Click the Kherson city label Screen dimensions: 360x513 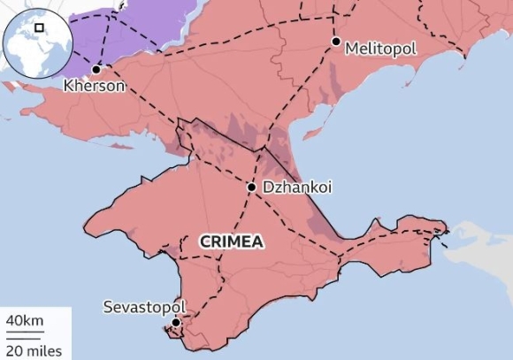pyautogui.click(x=95, y=87)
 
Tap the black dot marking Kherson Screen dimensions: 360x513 pyautogui.click(x=96, y=69)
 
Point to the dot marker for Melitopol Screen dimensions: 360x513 pyautogui.click(x=336, y=42)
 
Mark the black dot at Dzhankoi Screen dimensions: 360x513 pyautogui.click(x=251, y=188)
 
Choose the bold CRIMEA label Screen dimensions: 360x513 pyautogui.click(x=231, y=240)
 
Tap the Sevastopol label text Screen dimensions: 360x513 pyautogui.click(x=145, y=307)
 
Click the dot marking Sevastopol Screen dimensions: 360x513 pyautogui.click(x=175, y=323)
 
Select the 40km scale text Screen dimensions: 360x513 pyautogui.click(x=24, y=319)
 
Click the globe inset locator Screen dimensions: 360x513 pyautogui.click(x=35, y=41)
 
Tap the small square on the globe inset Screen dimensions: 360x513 pyautogui.click(x=40, y=27)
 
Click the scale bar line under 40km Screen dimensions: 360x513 pyautogui.click(x=24, y=333)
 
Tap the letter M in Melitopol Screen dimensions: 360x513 pyautogui.click(x=352, y=47)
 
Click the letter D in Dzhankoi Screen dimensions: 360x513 pyautogui.click(x=267, y=188)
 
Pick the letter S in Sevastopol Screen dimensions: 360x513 pyautogui.click(x=108, y=307)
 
